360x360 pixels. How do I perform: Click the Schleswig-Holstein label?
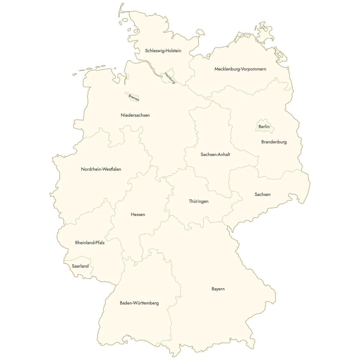(163, 51)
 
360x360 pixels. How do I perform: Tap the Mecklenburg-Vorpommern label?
(240, 69)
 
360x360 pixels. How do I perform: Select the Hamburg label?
(170, 78)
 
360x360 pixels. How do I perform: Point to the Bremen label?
(134, 97)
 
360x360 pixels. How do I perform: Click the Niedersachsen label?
(135, 115)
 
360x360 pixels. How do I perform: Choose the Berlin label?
(264, 127)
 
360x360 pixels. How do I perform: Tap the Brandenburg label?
(274, 142)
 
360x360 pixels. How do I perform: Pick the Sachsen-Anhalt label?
(215, 154)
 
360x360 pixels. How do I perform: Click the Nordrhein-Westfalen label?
(101, 169)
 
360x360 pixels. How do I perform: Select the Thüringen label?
(199, 201)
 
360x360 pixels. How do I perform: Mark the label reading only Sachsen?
(262, 194)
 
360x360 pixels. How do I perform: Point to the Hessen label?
(138, 214)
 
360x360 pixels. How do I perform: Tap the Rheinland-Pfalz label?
(90, 243)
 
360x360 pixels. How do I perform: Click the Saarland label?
(80, 266)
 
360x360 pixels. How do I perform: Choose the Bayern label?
(218, 289)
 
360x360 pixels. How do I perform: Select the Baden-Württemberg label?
(139, 303)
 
